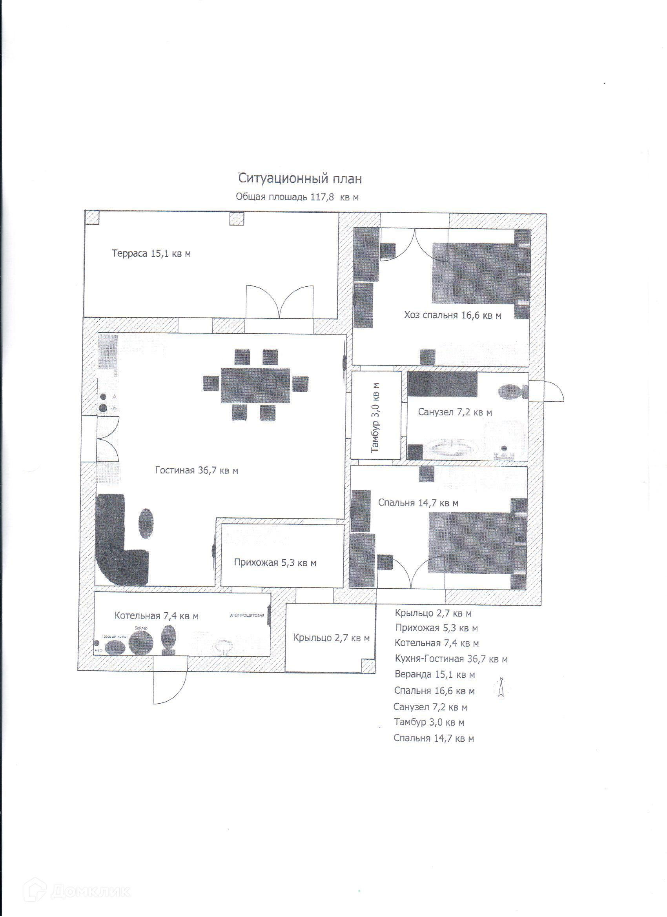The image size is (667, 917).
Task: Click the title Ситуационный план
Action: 300,178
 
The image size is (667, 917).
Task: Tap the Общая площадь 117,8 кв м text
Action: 297,197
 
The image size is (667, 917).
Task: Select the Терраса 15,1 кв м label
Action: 151,253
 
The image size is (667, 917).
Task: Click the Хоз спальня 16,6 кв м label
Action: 453,315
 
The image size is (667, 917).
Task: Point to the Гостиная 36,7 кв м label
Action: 197,470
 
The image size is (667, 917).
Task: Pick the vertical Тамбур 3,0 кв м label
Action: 376,417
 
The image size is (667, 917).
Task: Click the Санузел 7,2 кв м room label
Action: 455,412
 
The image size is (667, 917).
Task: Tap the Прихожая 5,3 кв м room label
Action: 275,562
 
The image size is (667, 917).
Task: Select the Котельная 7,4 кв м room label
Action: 156,616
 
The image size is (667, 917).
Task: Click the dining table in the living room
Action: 255,385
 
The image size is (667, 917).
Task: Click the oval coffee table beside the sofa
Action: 146,523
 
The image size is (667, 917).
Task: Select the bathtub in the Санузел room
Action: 452,449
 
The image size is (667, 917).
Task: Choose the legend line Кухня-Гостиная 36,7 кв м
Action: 451,659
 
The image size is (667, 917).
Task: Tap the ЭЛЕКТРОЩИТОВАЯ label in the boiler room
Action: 247,615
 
